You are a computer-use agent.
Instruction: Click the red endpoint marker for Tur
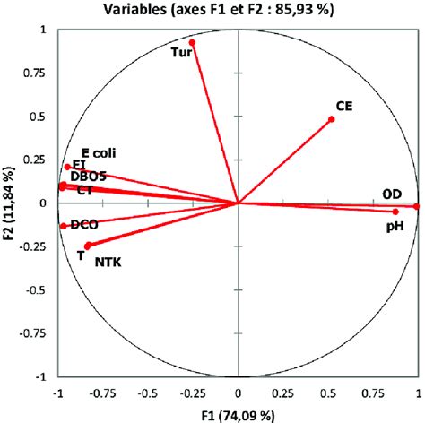tap(192, 42)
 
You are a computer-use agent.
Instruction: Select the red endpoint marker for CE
tap(332, 119)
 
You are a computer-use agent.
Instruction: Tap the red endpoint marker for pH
tap(395, 211)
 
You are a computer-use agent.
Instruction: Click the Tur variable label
tap(180, 53)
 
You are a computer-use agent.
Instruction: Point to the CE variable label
tap(343, 106)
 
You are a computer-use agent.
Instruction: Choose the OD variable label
tap(392, 194)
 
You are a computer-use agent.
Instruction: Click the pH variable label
tap(395, 228)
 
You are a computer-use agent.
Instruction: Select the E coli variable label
tap(99, 153)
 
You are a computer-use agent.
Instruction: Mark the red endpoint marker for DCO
tap(63, 226)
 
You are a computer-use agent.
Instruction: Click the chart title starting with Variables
tap(212, 10)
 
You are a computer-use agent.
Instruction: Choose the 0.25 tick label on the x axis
tap(282, 392)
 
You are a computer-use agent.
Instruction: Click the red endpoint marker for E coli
tap(67, 167)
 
